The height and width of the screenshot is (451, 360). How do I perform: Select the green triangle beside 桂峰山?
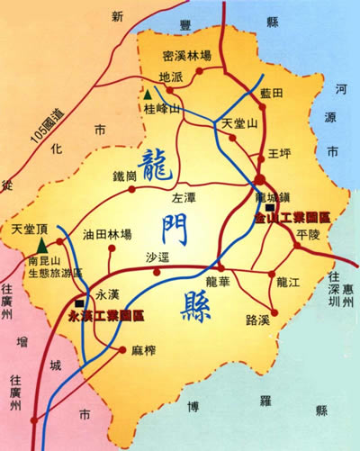point(147,94)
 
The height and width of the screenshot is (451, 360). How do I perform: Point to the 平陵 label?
point(307,236)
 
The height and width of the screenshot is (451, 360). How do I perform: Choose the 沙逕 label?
point(157,256)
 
